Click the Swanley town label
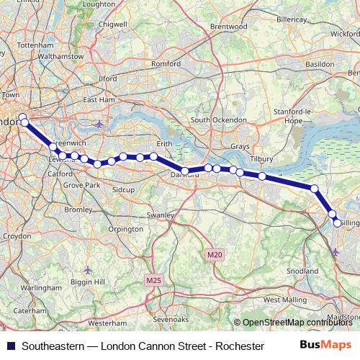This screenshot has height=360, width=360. [162, 215]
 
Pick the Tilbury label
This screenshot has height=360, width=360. [261, 158]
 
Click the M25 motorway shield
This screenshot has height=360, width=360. [153, 279]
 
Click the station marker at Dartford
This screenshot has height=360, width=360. [185, 171]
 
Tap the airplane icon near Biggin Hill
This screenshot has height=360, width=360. [88, 270]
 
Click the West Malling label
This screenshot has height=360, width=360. [284, 299]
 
